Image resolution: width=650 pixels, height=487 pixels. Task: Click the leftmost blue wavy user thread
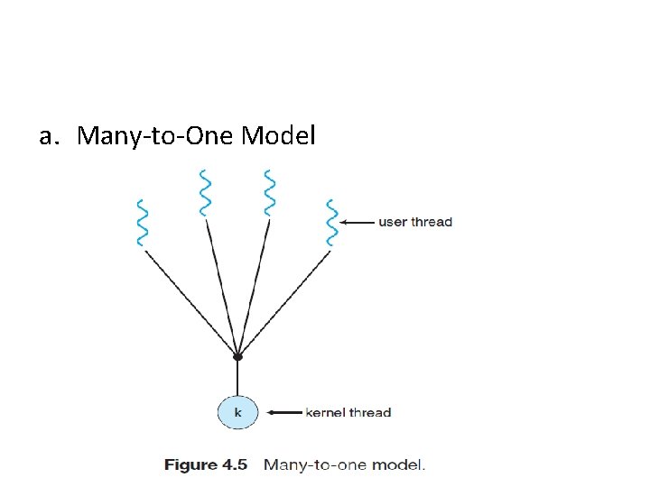(x=141, y=222)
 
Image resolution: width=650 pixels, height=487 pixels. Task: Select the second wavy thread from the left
(x=206, y=191)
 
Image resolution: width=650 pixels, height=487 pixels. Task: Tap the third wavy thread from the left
(x=269, y=191)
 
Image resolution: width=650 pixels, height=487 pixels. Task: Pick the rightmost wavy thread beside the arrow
(x=332, y=222)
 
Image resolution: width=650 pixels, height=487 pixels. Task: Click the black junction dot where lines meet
(x=237, y=357)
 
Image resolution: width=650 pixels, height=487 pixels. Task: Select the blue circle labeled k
(x=237, y=412)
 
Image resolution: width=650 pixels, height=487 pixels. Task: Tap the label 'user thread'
(x=414, y=222)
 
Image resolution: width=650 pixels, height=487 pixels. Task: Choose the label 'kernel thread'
(x=348, y=413)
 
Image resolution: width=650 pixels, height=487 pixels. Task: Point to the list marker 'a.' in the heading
(x=51, y=136)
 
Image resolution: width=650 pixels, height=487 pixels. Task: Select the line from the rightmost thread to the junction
(x=285, y=301)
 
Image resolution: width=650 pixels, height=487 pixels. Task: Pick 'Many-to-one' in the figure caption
(x=316, y=465)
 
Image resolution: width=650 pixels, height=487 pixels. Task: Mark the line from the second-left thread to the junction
(x=222, y=289)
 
